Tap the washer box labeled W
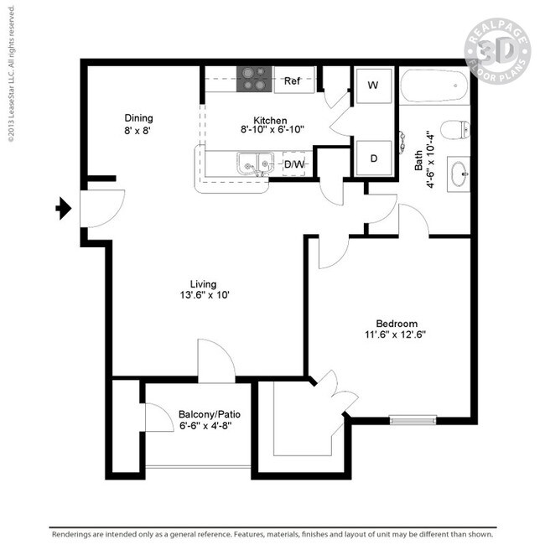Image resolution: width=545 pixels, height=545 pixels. pyautogui.click(x=372, y=85)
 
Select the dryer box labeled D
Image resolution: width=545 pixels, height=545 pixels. pyautogui.click(x=372, y=158)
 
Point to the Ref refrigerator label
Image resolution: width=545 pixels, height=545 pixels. pyautogui.click(x=292, y=81)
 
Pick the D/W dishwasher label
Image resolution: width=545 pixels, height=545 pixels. pyautogui.click(x=294, y=164)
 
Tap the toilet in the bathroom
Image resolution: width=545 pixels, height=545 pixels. pyautogui.click(x=455, y=130)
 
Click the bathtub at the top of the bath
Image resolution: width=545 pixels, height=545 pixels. pyautogui.click(x=433, y=87)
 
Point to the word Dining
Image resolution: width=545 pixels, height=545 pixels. pyautogui.click(x=138, y=118)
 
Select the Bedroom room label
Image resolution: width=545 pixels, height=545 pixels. pyautogui.click(x=397, y=324)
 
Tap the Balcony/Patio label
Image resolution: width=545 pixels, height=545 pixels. pyautogui.click(x=205, y=413)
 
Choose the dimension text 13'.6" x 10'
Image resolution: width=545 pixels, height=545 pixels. pyautogui.click(x=203, y=295)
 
